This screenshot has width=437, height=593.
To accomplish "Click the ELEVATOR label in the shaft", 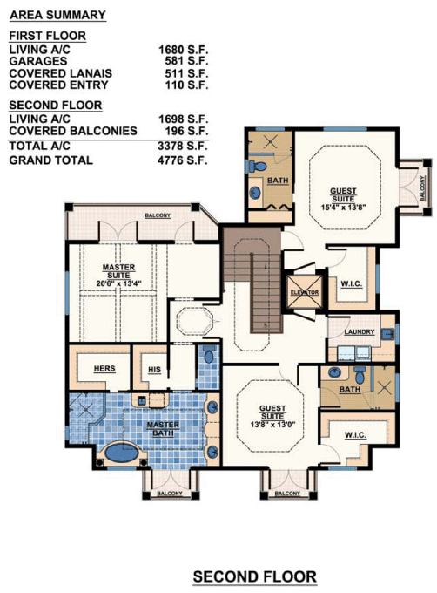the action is tap(305, 293).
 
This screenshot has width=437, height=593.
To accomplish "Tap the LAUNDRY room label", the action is tap(360, 332).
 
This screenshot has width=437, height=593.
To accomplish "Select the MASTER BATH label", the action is tap(163, 429).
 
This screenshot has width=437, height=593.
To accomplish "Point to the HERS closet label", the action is tap(104, 368).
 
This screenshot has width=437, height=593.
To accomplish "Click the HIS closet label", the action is tap(154, 370).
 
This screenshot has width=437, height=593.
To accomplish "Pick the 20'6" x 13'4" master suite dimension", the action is tap(118, 283).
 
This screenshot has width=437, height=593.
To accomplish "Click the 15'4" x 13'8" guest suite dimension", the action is tap(343, 208).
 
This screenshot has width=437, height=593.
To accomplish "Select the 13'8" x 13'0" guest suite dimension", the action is tap(272, 425).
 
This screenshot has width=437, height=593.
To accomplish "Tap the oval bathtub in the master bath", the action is tap(122, 453).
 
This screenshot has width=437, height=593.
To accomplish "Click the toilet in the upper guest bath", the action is tap(259, 166).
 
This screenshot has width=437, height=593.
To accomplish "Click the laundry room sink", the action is tap(387, 334).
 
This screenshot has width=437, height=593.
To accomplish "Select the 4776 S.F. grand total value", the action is tap(183, 160).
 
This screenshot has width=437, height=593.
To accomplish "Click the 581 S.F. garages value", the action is tap(186, 61).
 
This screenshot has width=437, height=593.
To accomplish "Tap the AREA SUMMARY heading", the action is tap(57, 15).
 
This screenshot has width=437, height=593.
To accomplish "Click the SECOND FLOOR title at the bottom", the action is tap(255, 577).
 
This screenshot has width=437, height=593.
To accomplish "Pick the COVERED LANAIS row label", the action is tap(60, 73).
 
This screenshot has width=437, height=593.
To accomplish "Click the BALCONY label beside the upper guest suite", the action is tap(423, 188).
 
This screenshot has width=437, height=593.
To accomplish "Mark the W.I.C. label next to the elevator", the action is tap(352, 283).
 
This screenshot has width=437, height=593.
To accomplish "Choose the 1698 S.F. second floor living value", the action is tap(183, 119).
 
